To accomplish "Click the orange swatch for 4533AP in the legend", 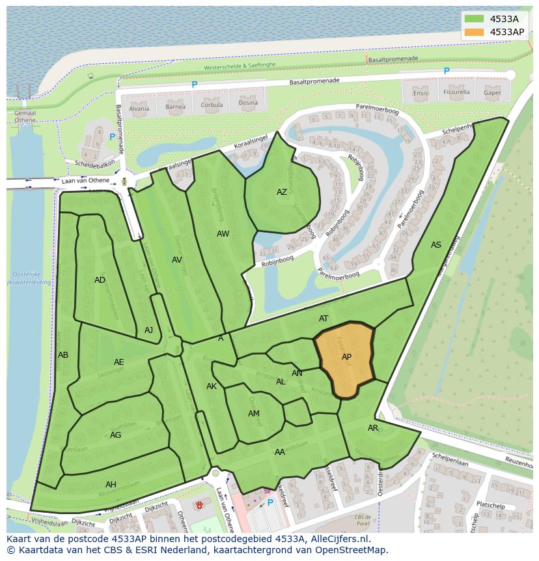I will click(x=475, y=32).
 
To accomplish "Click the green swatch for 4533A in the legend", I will click(x=475, y=19).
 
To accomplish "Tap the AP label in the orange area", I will click(x=346, y=357).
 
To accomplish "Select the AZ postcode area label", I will click(x=281, y=192).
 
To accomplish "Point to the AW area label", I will click(x=223, y=234).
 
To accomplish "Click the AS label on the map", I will click(x=435, y=245).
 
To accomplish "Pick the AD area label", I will click(x=100, y=280).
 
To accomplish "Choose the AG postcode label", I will click(x=115, y=435).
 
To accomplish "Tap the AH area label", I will click(x=111, y=484).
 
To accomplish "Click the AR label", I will click(x=373, y=428).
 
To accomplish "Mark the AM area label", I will click(x=254, y=414).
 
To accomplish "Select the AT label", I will click(x=324, y=319).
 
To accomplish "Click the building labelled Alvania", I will click(x=139, y=109).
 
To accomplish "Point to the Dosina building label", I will click(x=247, y=103).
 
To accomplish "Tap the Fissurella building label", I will click(x=456, y=93).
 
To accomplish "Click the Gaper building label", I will click(x=492, y=93).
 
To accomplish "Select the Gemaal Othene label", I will click(x=25, y=116).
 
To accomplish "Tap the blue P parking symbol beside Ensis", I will click(x=447, y=71).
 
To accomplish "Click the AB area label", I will click(x=63, y=355).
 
